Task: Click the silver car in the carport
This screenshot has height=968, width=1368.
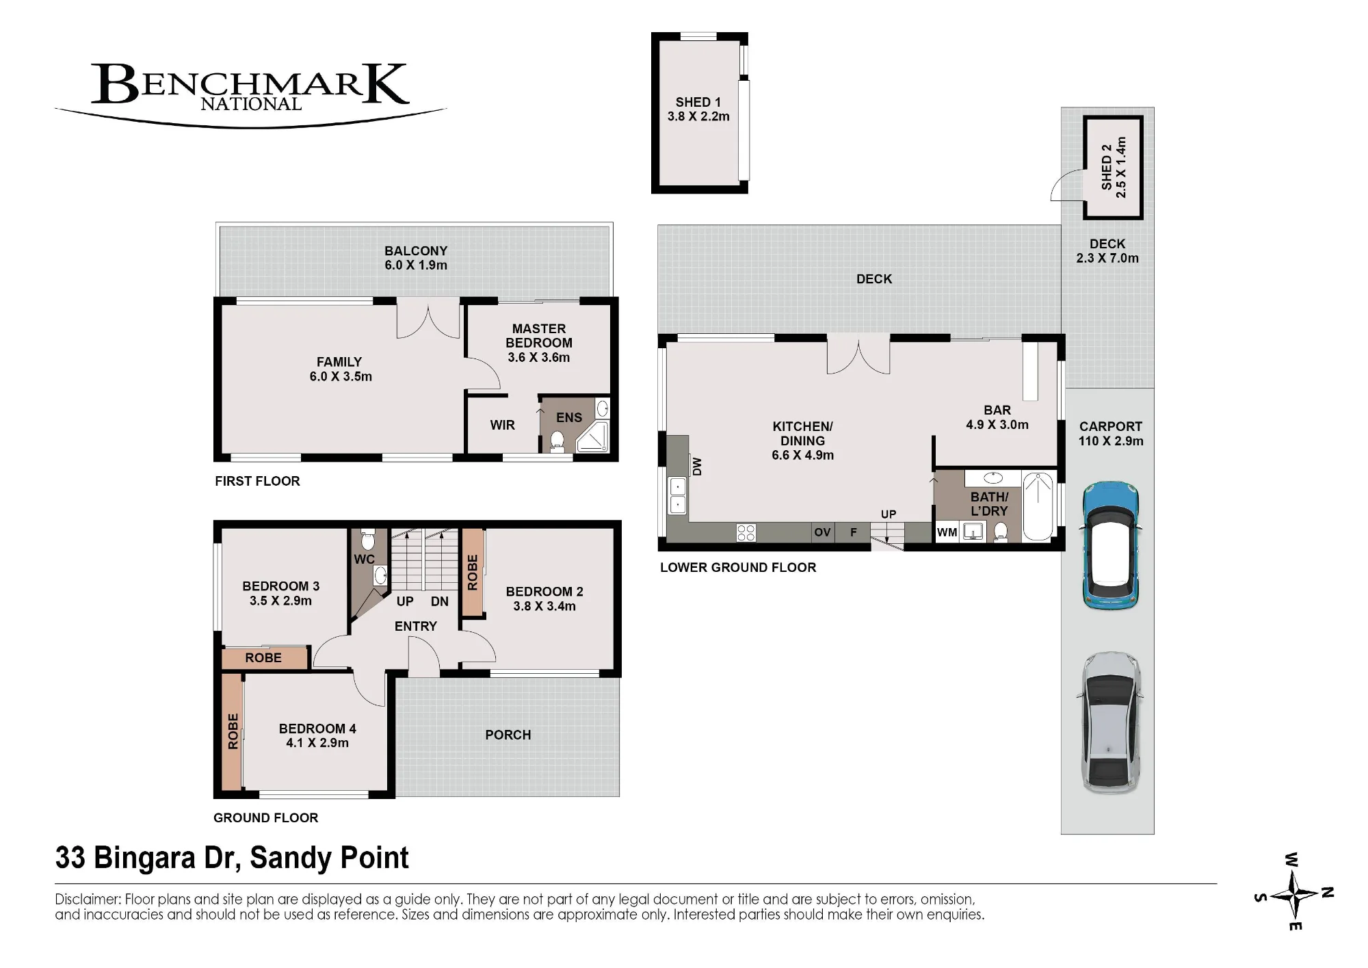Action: pyautogui.click(x=1111, y=722)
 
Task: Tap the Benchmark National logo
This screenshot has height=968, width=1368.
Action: pyautogui.click(x=250, y=94)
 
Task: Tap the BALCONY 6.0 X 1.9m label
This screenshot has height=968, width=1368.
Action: pyautogui.click(x=416, y=258)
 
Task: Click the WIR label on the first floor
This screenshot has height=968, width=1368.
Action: pyautogui.click(x=502, y=425)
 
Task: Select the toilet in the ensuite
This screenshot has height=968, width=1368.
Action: pyautogui.click(x=557, y=441)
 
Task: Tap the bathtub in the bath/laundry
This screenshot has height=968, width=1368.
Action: pyautogui.click(x=1038, y=506)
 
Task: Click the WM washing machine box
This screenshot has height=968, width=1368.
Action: pyautogui.click(x=947, y=532)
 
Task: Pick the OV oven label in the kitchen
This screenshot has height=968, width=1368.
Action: pyautogui.click(x=822, y=532)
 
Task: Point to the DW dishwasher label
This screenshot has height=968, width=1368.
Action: pyautogui.click(x=697, y=467)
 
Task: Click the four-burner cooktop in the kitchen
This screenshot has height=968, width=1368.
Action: pyautogui.click(x=746, y=533)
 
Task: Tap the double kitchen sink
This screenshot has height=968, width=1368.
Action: pyautogui.click(x=677, y=496)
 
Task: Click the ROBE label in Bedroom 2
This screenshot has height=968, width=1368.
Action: pyautogui.click(x=472, y=573)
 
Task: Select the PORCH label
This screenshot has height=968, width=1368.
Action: pyautogui.click(x=508, y=735)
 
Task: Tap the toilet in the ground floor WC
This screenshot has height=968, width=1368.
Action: pyautogui.click(x=367, y=538)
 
